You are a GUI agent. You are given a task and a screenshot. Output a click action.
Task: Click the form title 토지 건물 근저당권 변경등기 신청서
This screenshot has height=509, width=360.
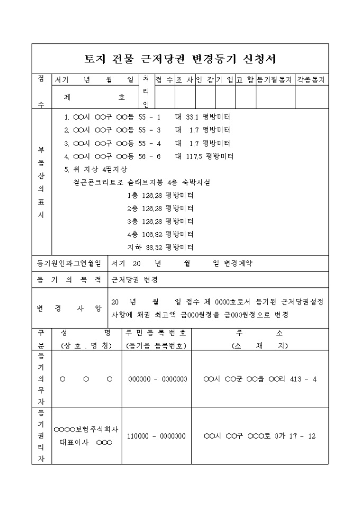tap(181, 58)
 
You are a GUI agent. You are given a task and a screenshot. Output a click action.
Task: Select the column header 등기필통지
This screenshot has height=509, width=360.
tap(275, 79)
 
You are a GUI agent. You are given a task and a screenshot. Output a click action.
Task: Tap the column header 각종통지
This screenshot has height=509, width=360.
tap(311, 79)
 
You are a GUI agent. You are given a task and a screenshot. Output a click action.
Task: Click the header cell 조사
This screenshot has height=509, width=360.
tap(185, 79)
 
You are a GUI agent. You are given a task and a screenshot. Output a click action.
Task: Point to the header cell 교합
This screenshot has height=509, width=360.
tap(245, 79)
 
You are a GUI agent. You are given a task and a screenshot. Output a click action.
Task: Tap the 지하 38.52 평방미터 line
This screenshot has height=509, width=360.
tap(160, 247)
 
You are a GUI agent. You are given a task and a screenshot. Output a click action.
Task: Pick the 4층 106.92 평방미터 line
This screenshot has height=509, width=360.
tap(160, 234)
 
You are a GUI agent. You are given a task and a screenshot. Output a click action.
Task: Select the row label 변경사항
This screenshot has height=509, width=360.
tap(69, 308)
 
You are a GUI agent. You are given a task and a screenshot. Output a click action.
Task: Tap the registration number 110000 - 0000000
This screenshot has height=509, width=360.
tap(157, 436)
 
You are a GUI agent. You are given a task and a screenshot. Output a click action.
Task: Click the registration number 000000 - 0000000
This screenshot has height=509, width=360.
tap(157, 379)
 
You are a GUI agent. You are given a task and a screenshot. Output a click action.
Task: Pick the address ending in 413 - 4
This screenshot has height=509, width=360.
tap(259, 379)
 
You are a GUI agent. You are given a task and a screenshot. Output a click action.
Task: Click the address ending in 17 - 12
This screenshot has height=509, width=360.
tap(259, 436)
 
